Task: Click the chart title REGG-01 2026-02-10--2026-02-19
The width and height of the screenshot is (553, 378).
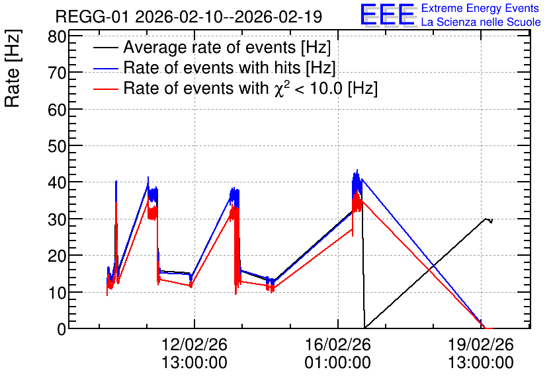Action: (x=189, y=17)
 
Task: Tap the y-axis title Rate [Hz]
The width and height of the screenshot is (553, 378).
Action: (x=13, y=68)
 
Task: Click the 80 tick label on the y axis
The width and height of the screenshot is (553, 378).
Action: (x=57, y=36)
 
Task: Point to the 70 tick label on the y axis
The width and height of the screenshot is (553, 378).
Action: (x=57, y=73)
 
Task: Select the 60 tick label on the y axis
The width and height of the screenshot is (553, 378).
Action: (x=57, y=110)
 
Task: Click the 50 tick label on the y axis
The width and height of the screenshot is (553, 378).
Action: (x=57, y=146)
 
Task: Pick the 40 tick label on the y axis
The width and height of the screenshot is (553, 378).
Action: (x=57, y=183)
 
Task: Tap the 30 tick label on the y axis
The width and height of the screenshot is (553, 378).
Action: (x=57, y=219)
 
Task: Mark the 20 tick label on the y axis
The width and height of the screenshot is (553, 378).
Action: (x=57, y=256)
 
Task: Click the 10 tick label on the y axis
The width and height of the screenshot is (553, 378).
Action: (x=57, y=293)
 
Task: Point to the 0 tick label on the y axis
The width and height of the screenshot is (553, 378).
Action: (x=62, y=329)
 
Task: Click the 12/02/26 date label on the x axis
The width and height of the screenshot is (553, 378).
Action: (x=194, y=344)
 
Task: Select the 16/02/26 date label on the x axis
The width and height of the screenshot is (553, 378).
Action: (x=338, y=344)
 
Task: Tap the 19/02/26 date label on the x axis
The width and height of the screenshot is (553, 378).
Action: (x=481, y=344)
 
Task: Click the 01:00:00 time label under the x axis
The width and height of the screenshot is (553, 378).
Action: (x=338, y=363)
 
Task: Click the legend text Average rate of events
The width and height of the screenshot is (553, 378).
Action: (x=210, y=47)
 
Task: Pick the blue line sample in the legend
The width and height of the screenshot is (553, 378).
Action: (x=106, y=68)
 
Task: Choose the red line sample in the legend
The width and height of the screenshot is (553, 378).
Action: (x=106, y=89)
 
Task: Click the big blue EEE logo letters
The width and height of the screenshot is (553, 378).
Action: (x=388, y=15)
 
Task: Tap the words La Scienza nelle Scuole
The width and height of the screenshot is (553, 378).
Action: (x=481, y=22)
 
